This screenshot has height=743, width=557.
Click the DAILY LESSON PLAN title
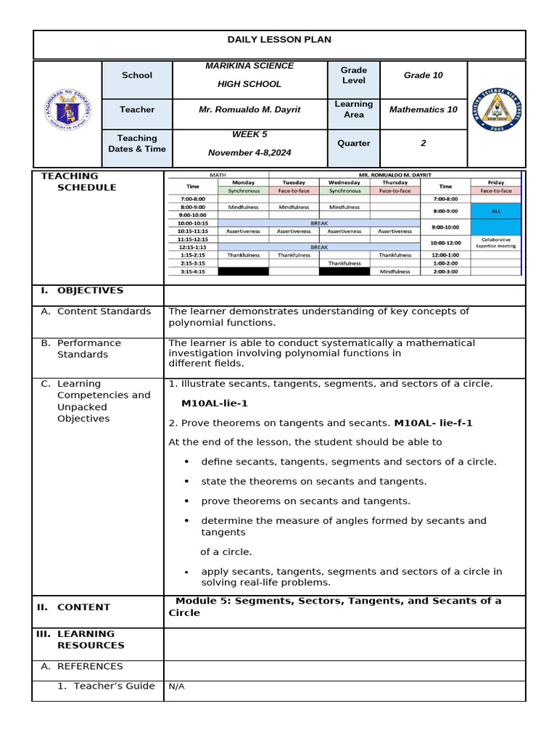279,40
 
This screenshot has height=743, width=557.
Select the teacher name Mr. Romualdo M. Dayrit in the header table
249,110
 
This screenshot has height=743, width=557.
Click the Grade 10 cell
423,75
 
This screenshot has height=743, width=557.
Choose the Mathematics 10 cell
423,110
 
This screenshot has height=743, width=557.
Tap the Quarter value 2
423,144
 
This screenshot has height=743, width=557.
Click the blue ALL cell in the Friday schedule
495,211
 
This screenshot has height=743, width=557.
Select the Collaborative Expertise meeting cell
495,242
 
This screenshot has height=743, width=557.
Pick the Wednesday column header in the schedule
344,182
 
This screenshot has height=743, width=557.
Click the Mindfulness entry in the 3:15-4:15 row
395,271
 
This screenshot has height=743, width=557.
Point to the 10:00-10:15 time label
192,223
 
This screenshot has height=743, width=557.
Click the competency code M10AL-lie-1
215,403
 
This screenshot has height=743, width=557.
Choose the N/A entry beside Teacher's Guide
176,686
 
